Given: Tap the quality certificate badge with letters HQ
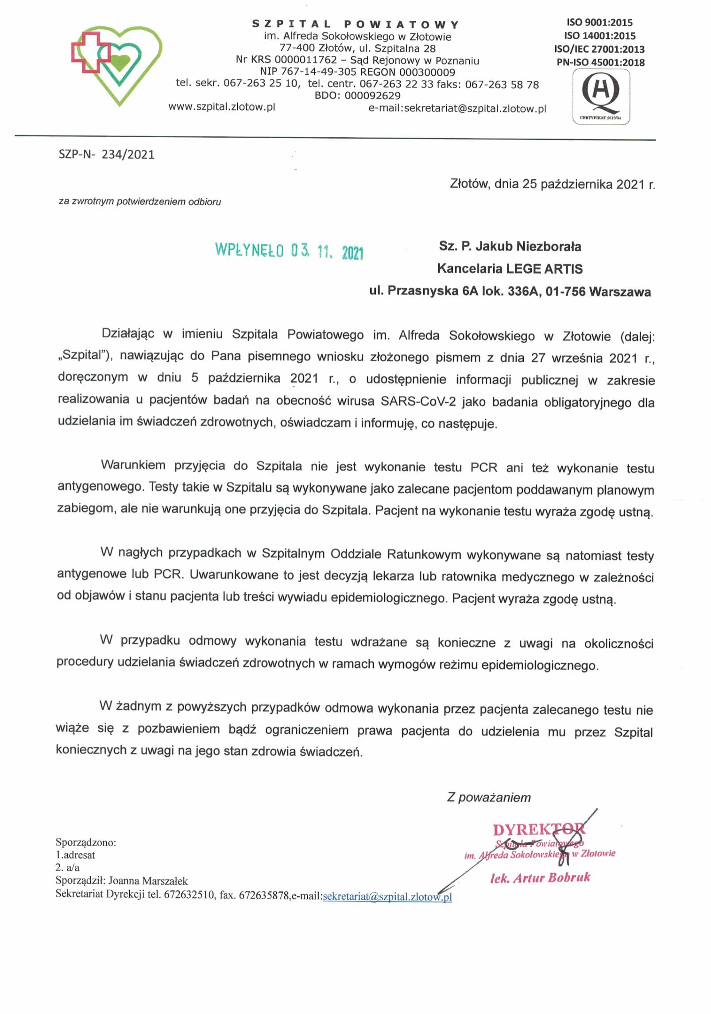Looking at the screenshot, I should (601, 97).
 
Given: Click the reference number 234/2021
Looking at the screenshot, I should (128, 155).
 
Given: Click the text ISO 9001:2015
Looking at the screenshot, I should (599, 23).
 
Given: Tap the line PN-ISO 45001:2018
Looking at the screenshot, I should (600, 62).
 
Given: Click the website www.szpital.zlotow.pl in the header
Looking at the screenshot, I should (222, 107).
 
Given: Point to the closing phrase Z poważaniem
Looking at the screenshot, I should (489, 797).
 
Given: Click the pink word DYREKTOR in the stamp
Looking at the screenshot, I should (538, 829).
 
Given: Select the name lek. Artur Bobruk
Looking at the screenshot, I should (540, 878).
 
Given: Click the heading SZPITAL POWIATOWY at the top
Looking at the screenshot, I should (356, 24).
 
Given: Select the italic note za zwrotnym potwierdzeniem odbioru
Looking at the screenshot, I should (139, 202).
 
